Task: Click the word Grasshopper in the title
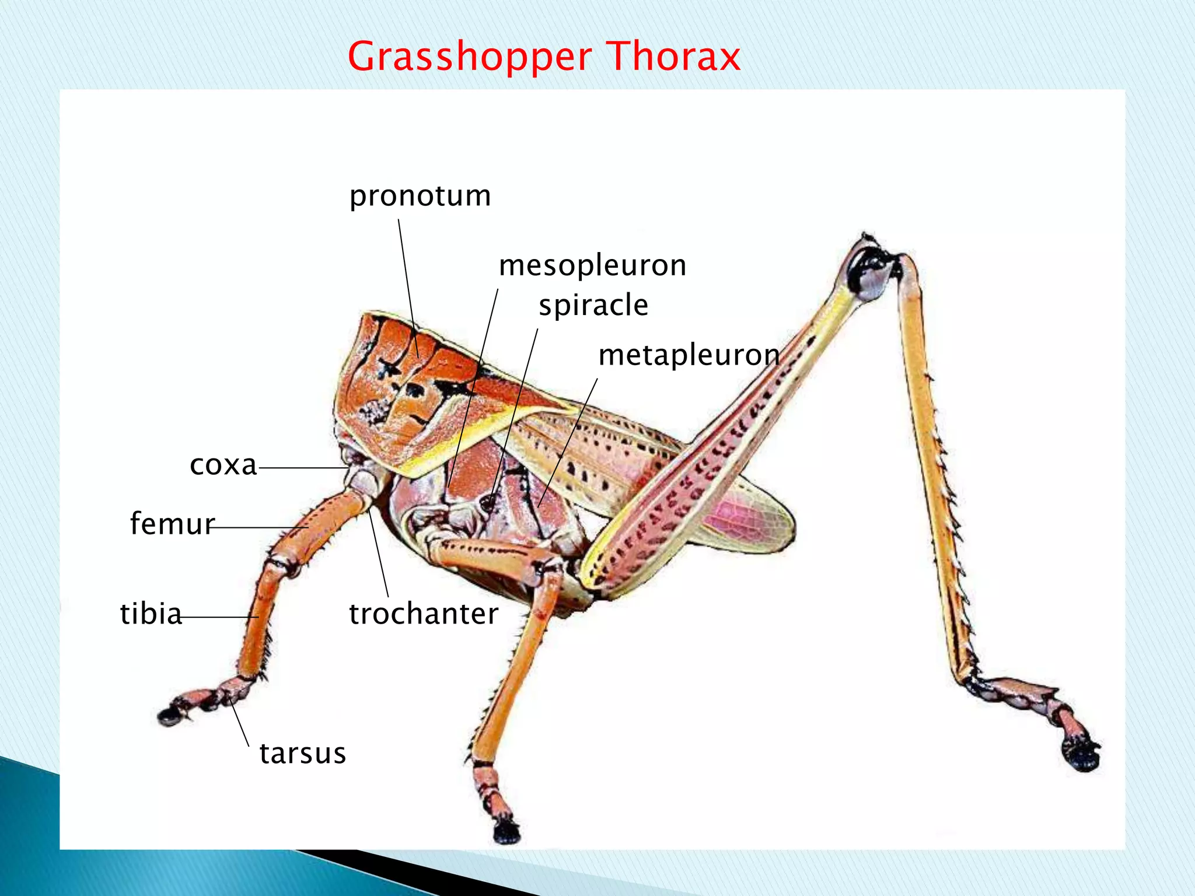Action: pos(470,57)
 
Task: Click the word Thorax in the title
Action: pos(673,57)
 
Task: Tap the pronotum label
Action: pos(420,196)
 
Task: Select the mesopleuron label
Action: pos(592,265)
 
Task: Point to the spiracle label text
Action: pos(593,305)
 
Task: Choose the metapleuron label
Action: pos(689,355)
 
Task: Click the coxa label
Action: pos(223,465)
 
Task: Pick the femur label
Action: pos(172,523)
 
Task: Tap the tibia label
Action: pos(151,614)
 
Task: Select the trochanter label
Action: pos(424,614)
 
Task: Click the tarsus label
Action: pos(303,753)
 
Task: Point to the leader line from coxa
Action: pos(303,468)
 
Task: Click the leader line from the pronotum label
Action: pos(408,286)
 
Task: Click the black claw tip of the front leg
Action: pos(169,716)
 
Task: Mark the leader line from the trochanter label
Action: pos(379,554)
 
